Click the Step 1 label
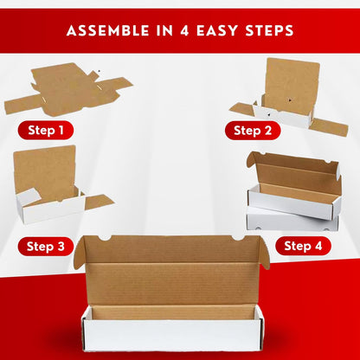pyautogui.click(x=46, y=131)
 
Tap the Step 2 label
pyautogui.click(x=253, y=131)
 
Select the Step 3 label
pyautogui.click(x=46, y=247)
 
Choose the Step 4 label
pyautogui.click(x=303, y=246)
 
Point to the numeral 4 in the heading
pyautogui.click(x=184, y=30)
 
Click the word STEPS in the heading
pyautogui.click(x=269, y=30)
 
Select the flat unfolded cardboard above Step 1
pyautogui.click(x=68, y=89)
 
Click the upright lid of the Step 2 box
pyautogui.click(x=292, y=86)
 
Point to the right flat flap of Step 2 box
pyautogui.click(x=330, y=127)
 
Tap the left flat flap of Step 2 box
pyautogui.click(x=241, y=109)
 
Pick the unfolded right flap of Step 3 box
pyautogui.click(x=99, y=202)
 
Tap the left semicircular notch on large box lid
pyautogui.click(x=105, y=238)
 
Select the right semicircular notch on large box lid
pyautogui.click(x=239, y=238)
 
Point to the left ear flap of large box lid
pyautogui.click(x=80, y=252)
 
